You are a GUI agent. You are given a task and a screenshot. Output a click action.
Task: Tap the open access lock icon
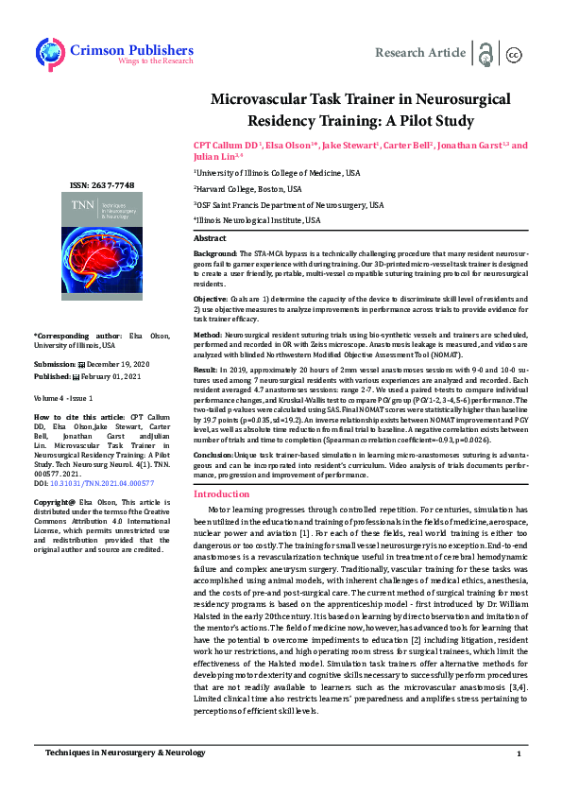(x=485, y=53)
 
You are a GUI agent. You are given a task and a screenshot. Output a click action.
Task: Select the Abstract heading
(x=210, y=239)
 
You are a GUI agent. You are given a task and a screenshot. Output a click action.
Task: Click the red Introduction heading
(x=221, y=493)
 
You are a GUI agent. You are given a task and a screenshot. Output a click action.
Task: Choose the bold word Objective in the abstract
(x=213, y=299)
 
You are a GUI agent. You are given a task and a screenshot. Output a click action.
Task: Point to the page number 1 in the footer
(x=519, y=780)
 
